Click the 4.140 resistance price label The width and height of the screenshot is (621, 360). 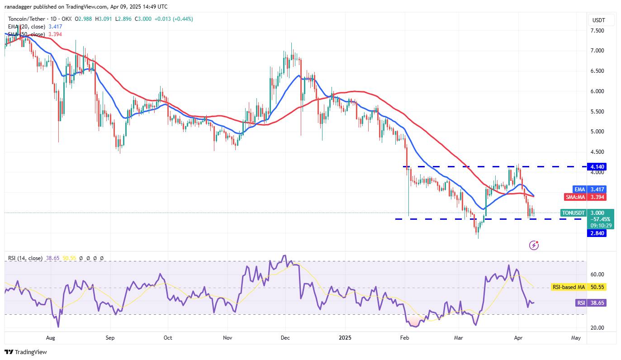click(596, 166)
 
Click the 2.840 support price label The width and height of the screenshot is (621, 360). click(596, 233)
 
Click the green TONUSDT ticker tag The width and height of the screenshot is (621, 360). click(573, 213)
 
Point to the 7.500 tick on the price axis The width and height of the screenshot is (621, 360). click(597, 30)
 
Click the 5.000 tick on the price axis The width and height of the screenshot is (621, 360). click(597, 132)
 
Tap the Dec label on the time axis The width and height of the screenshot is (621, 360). click(285, 337)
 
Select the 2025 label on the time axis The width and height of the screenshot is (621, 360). click(345, 337)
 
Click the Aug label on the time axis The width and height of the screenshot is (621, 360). click(51, 337)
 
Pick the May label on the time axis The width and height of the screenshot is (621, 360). click(576, 337)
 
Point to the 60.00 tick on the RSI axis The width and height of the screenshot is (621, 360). click(597, 274)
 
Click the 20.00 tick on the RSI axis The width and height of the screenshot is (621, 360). click(597, 327)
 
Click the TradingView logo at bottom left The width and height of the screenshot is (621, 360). click(26, 352)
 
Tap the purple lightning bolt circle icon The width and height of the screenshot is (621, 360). click(534, 245)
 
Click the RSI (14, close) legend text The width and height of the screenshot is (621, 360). click(25, 258)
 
